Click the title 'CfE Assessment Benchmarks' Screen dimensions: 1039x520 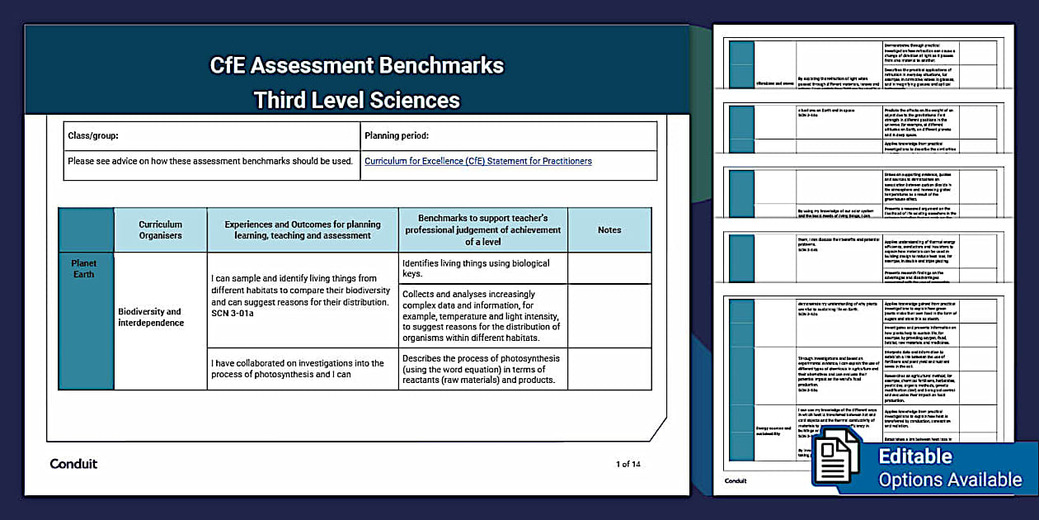tap(356, 65)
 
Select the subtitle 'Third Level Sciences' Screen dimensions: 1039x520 tap(356, 100)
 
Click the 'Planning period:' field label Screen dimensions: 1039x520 tap(397, 135)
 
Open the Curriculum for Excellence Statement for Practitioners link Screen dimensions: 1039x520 tap(478, 161)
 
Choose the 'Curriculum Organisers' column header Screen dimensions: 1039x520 tap(160, 229)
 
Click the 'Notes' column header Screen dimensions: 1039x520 tap(609, 229)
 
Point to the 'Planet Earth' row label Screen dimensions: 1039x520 tap(83, 269)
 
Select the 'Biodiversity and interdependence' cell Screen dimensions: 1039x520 tap(149, 317)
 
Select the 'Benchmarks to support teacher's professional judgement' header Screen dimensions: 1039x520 tap(482, 229)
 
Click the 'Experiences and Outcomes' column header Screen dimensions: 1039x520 tap(303, 229)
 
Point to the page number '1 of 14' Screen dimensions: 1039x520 tap(628, 464)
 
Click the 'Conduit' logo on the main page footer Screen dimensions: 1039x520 tap(73, 464)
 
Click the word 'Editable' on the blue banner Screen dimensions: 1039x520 tap(914, 456)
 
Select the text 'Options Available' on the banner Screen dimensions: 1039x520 tap(949, 480)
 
